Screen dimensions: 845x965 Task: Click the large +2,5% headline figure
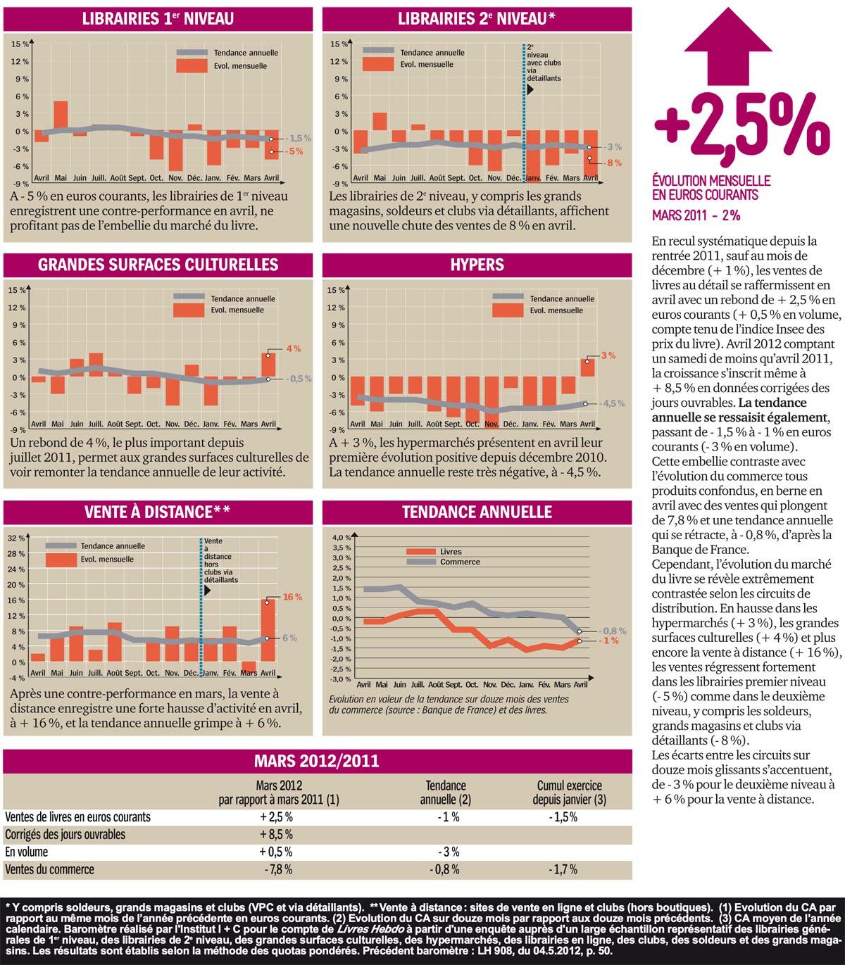click(x=741, y=128)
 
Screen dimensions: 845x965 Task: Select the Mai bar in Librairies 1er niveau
click(x=61, y=116)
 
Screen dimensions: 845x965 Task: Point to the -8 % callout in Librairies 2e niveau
click(x=614, y=163)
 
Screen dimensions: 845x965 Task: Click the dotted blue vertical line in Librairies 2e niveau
click(x=524, y=113)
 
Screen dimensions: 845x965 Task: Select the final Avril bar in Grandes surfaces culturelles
click(x=268, y=365)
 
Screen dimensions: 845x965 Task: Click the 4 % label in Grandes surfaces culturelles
click(x=293, y=348)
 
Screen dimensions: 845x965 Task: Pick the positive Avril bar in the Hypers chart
click(x=587, y=367)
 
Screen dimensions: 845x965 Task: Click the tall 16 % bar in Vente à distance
click(x=268, y=630)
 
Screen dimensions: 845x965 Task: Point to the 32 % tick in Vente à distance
click(x=15, y=538)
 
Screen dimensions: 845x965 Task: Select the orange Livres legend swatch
click(x=421, y=551)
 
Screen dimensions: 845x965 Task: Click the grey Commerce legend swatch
click(x=421, y=562)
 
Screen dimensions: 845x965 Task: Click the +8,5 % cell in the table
click(x=276, y=835)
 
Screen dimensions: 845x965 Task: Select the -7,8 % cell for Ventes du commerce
click(x=278, y=869)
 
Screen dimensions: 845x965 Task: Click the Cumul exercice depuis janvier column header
click(x=570, y=793)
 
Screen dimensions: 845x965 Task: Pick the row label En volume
click(x=27, y=852)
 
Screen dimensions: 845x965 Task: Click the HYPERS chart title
click(x=477, y=265)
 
